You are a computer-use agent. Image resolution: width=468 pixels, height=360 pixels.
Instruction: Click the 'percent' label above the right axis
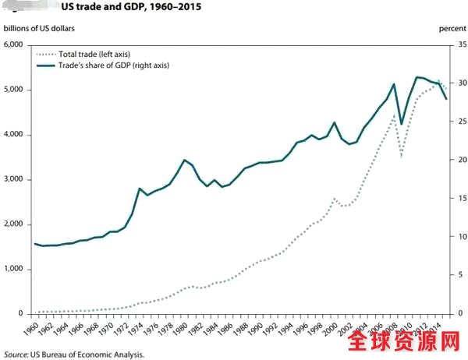(x=452, y=29)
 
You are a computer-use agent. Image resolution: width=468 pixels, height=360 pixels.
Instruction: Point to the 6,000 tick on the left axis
(x=14, y=44)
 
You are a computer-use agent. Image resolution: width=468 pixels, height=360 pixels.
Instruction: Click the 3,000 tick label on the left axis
(x=14, y=179)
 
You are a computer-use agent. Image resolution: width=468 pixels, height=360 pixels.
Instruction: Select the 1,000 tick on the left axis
(x=14, y=269)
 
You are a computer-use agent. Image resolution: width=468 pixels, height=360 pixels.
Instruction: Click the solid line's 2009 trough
(x=402, y=125)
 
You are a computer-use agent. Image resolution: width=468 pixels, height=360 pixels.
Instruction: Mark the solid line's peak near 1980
(x=184, y=160)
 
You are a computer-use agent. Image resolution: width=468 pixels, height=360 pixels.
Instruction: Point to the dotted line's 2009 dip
(x=402, y=156)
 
